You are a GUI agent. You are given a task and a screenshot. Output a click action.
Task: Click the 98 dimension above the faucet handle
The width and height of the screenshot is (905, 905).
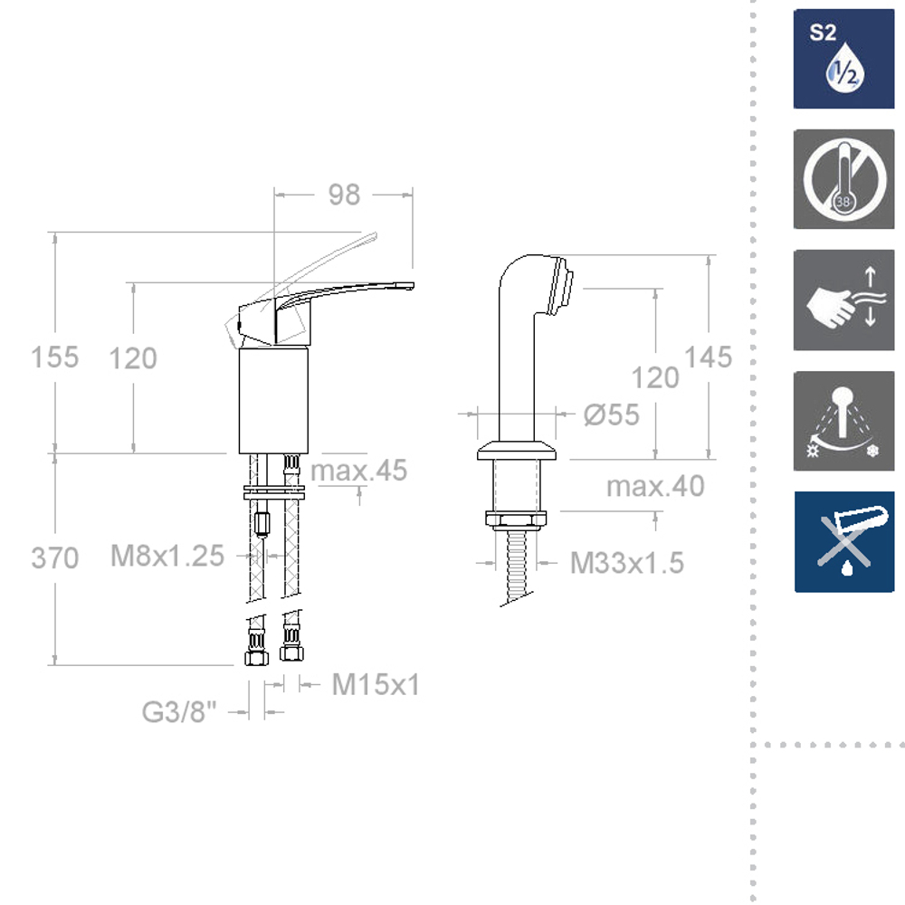click(344, 195)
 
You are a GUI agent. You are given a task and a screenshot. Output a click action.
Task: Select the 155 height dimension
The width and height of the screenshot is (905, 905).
click(55, 357)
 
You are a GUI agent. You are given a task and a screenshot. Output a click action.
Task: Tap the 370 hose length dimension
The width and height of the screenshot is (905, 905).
click(55, 558)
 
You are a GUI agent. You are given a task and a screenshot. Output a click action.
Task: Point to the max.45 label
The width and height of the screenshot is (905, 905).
click(359, 471)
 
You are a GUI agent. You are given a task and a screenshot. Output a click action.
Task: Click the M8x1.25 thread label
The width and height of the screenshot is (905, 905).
click(167, 556)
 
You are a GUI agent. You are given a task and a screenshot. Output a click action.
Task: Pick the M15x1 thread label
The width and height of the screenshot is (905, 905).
click(376, 684)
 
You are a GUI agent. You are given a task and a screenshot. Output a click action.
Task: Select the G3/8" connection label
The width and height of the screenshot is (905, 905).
click(179, 711)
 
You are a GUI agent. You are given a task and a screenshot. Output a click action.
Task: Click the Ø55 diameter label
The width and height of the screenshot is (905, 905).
click(611, 414)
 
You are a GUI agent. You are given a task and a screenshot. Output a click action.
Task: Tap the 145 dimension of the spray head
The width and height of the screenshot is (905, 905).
click(709, 357)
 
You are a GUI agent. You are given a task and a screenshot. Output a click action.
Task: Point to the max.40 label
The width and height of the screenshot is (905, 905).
click(655, 486)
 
